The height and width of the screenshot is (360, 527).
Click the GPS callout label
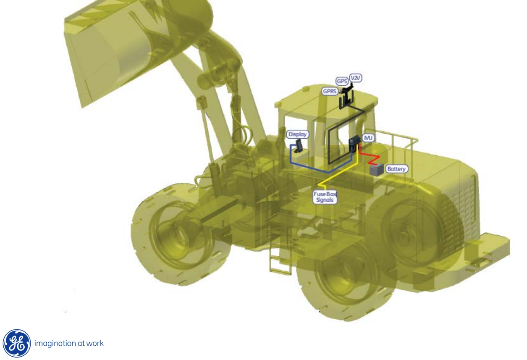coord(342,81)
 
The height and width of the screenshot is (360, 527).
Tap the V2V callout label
coord(356,78)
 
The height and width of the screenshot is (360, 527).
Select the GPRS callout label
coord(330,91)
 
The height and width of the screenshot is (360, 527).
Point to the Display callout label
coord(298,134)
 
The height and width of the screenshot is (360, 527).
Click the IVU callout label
coord(368,138)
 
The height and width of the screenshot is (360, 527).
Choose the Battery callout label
coord(396,169)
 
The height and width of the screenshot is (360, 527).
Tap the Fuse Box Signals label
coord(325,197)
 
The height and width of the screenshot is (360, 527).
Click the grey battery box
coord(377,170)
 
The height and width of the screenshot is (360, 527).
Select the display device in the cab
coord(298,146)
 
